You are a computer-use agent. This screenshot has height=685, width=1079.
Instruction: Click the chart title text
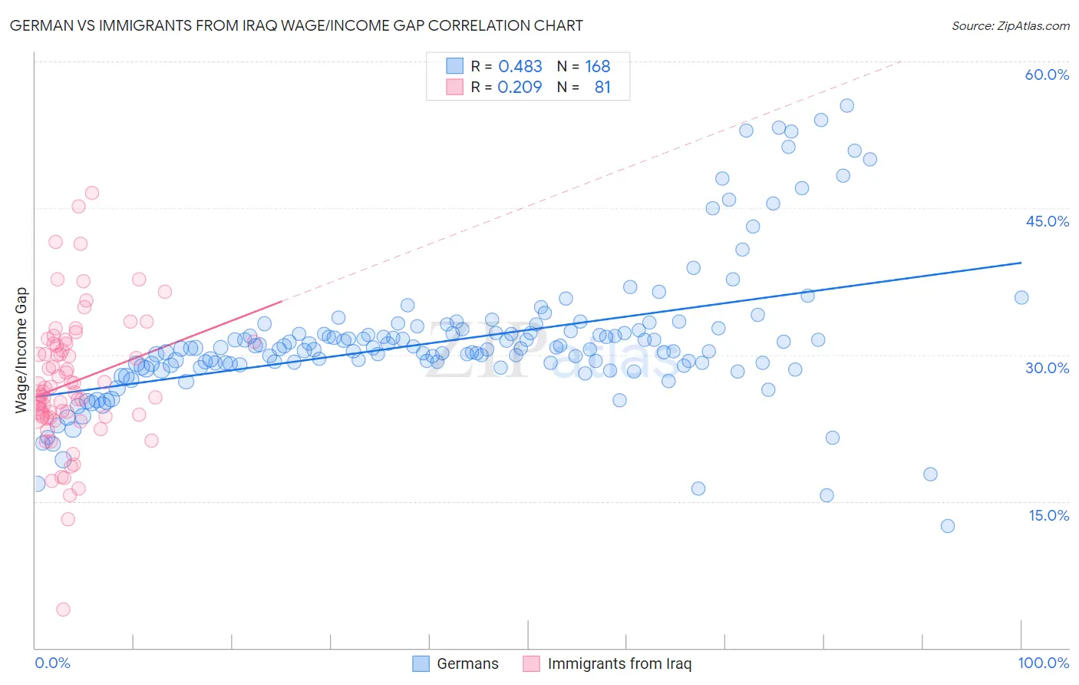click(296, 25)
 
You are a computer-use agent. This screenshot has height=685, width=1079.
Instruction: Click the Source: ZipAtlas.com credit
click(1010, 25)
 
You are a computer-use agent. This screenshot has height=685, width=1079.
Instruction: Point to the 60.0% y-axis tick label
click(1047, 74)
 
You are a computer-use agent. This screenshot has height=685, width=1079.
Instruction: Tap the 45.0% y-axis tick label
click(1047, 221)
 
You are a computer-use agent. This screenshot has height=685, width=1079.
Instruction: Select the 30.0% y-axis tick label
click(1047, 368)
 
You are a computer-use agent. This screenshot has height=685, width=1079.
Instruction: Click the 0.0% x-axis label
click(52, 663)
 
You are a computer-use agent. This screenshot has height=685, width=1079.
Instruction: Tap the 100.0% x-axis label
click(1043, 663)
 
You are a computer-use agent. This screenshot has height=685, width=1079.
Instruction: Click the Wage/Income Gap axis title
click(21, 350)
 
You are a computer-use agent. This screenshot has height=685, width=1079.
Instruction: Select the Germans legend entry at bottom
click(456, 663)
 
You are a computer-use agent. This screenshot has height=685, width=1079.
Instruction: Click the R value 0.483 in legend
click(520, 67)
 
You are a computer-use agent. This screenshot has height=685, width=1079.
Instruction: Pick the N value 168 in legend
click(597, 67)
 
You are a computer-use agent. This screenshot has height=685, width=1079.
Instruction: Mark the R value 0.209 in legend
click(520, 88)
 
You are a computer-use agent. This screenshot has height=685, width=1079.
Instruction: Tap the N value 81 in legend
click(602, 88)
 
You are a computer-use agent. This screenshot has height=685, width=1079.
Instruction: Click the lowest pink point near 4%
click(64, 609)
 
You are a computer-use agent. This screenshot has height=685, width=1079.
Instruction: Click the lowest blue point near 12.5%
click(947, 526)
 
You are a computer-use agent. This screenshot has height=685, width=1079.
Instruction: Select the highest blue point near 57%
click(846, 106)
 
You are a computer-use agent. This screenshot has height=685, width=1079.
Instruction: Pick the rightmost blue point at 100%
click(1021, 298)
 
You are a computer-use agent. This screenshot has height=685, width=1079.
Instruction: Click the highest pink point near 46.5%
click(92, 193)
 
